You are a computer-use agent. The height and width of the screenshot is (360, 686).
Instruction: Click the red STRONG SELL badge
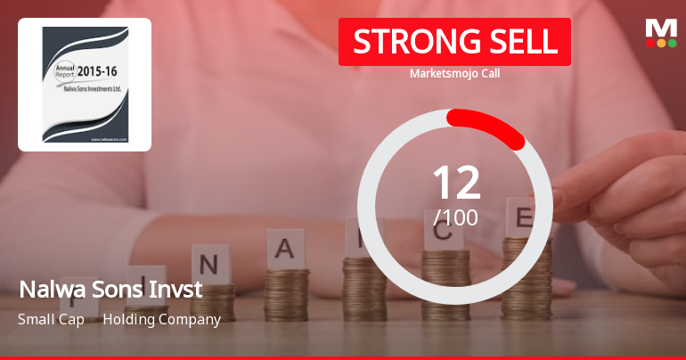click(x=454, y=42)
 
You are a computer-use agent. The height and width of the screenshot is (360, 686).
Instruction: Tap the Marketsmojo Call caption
click(x=454, y=73)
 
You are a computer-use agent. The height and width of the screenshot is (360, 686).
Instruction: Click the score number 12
click(x=456, y=182)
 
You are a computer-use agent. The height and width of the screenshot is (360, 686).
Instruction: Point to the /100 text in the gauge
click(x=456, y=217)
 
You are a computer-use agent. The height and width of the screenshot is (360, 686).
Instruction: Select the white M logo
click(x=661, y=28)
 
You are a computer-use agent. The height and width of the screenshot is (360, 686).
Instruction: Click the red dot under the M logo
click(x=650, y=43)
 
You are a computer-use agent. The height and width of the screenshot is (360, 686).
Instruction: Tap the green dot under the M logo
click(x=673, y=43)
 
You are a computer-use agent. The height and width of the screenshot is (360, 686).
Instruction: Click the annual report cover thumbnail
click(x=85, y=85)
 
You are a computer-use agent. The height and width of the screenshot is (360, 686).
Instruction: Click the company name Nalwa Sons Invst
click(x=110, y=290)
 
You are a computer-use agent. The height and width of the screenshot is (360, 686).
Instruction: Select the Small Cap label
click(x=50, y=319)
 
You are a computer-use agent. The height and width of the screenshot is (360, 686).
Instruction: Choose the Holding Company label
click(x=161, y=319)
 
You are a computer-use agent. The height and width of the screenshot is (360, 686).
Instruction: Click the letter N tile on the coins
click(x=208, y=265)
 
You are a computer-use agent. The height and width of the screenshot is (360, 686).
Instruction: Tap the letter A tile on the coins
click(x=285, y=248)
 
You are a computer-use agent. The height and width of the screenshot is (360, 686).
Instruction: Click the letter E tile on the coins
click(x=524, y=217)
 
